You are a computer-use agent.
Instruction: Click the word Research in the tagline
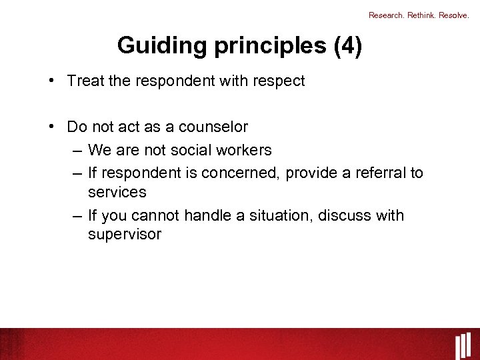[385, 15]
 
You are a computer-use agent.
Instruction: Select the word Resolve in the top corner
[453, 15]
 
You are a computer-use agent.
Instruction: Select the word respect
[279, 81]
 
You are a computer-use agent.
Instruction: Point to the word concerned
[241, 173]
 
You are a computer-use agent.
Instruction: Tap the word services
[117, 192]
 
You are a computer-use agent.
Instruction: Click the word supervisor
[125, 235]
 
